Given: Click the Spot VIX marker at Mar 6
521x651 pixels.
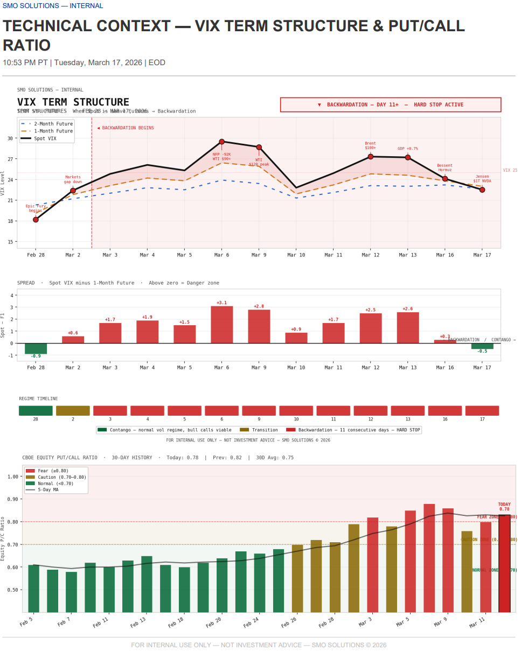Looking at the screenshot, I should click(x=221, y=142).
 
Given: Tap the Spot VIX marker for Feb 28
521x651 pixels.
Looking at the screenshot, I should click(x=36, y=220).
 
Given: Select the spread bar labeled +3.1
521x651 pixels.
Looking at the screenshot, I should click(x=221, y=325).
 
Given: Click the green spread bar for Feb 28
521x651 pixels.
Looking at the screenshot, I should click(x=36, y=348).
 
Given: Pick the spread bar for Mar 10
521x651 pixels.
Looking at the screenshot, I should click(x=296, y=338).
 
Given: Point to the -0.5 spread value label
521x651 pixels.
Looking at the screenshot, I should click(x=482, y=351).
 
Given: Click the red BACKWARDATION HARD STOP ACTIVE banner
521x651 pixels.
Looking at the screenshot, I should click(x=391, y=104).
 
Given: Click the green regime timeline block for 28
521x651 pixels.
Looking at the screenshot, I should click(x=36, y=411).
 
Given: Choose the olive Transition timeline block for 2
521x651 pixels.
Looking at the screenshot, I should click(x=73, y=411).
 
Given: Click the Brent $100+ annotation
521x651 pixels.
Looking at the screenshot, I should click(x=370, y=145).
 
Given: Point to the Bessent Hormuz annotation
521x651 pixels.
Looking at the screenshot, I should click(x=444, y=167).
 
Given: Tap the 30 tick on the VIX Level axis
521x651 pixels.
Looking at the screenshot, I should click(x=11, y=138).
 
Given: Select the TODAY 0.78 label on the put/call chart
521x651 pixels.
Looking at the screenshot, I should click(x=504, y=506).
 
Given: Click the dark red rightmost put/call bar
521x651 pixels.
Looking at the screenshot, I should click(x=504, y=563).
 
